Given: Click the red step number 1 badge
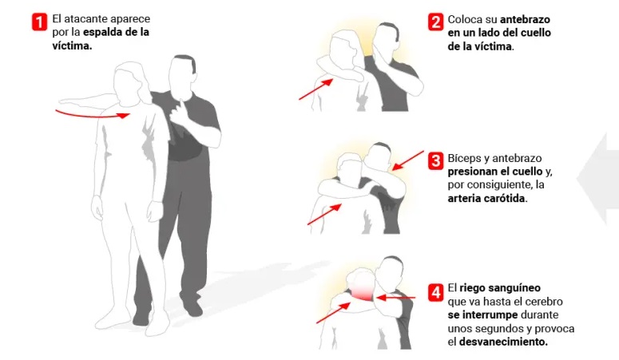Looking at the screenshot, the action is pos(39,22).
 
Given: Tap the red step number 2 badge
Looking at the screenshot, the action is pos(435,22).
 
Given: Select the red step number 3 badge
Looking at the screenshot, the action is pos(435,160).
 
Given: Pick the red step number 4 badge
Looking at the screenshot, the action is pos(435,292).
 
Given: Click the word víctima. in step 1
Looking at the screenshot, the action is pos(72,45).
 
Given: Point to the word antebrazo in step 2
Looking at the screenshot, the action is pos(525,19).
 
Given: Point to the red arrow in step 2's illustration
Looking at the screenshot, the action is pos(315,89).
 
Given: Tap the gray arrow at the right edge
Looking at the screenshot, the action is pos(598,179).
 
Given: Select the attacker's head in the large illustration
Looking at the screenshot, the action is pos(182,73).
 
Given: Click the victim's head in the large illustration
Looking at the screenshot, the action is pos(129,83).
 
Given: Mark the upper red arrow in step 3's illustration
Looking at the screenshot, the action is pos(408,160).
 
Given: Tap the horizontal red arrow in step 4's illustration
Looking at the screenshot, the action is pos(395,298).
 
